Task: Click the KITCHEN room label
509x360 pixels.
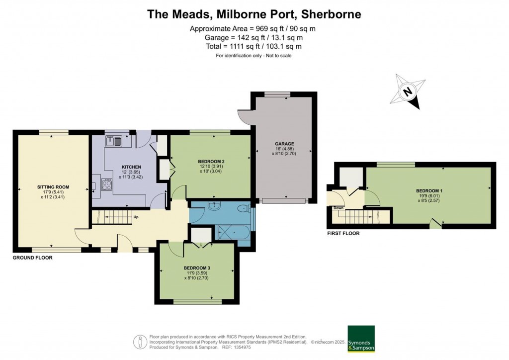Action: [x=131, y=167]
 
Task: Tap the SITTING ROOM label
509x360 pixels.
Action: [x=53, y=187]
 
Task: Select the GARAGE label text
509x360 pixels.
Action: [x=284, y=144]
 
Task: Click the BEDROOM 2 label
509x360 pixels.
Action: [x=211, y=161]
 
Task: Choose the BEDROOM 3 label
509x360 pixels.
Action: [x=197, y=268]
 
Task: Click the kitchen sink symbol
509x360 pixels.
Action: [x=114, y=141]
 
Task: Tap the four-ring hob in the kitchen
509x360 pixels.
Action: [x=107, y=184]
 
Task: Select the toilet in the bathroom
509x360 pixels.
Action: [x=244, y=208]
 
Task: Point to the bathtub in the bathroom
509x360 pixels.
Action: [x=234, y=232]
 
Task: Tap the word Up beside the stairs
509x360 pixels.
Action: [x=136, y=217]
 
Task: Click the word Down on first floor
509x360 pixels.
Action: [x=338, y=208]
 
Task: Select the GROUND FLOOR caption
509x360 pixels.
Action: [x=32, y=258]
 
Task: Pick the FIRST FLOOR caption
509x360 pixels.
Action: [x=343, y=233]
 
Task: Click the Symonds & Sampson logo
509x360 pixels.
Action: [x=361, y=339]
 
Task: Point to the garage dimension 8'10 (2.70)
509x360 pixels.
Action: [x=284, y=154]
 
